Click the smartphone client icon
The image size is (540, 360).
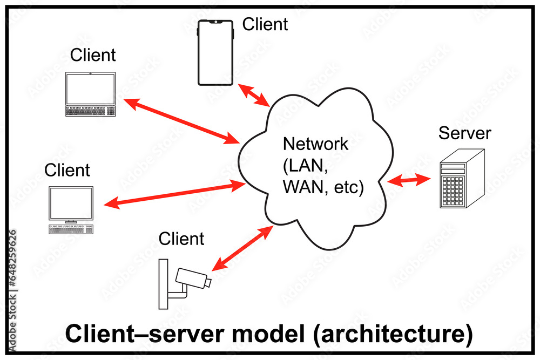click(215, 53)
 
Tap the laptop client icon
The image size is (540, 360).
click(90, 94)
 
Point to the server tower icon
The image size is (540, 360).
click(461, 180)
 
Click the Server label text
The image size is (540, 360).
click(464, 133)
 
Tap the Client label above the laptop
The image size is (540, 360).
click(93, 55)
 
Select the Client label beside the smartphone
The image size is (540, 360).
click(265, 24)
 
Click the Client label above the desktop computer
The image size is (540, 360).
click(67, 170)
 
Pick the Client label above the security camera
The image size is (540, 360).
click(181, 238)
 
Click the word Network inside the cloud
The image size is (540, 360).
click(316, 144)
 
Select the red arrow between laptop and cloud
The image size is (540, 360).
click(181, 121)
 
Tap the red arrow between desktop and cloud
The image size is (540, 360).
click(175, 195)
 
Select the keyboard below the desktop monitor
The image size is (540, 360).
click(71, 229)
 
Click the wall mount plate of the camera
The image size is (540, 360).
click(164, 284)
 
